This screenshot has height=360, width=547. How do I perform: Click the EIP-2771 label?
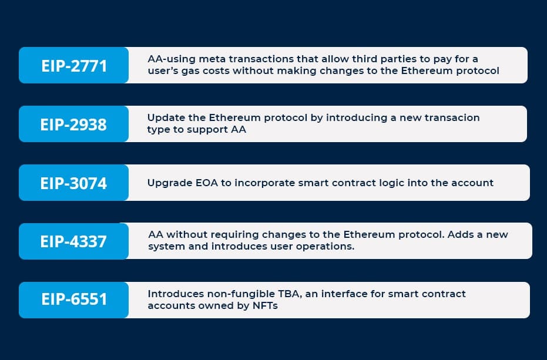74,66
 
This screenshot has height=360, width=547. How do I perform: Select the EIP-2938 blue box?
73,124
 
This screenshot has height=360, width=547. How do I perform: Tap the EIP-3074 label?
73,183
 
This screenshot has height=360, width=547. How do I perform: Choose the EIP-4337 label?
73,241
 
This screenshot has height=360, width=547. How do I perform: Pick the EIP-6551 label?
74,300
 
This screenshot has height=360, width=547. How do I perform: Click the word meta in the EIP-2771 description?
213,59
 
